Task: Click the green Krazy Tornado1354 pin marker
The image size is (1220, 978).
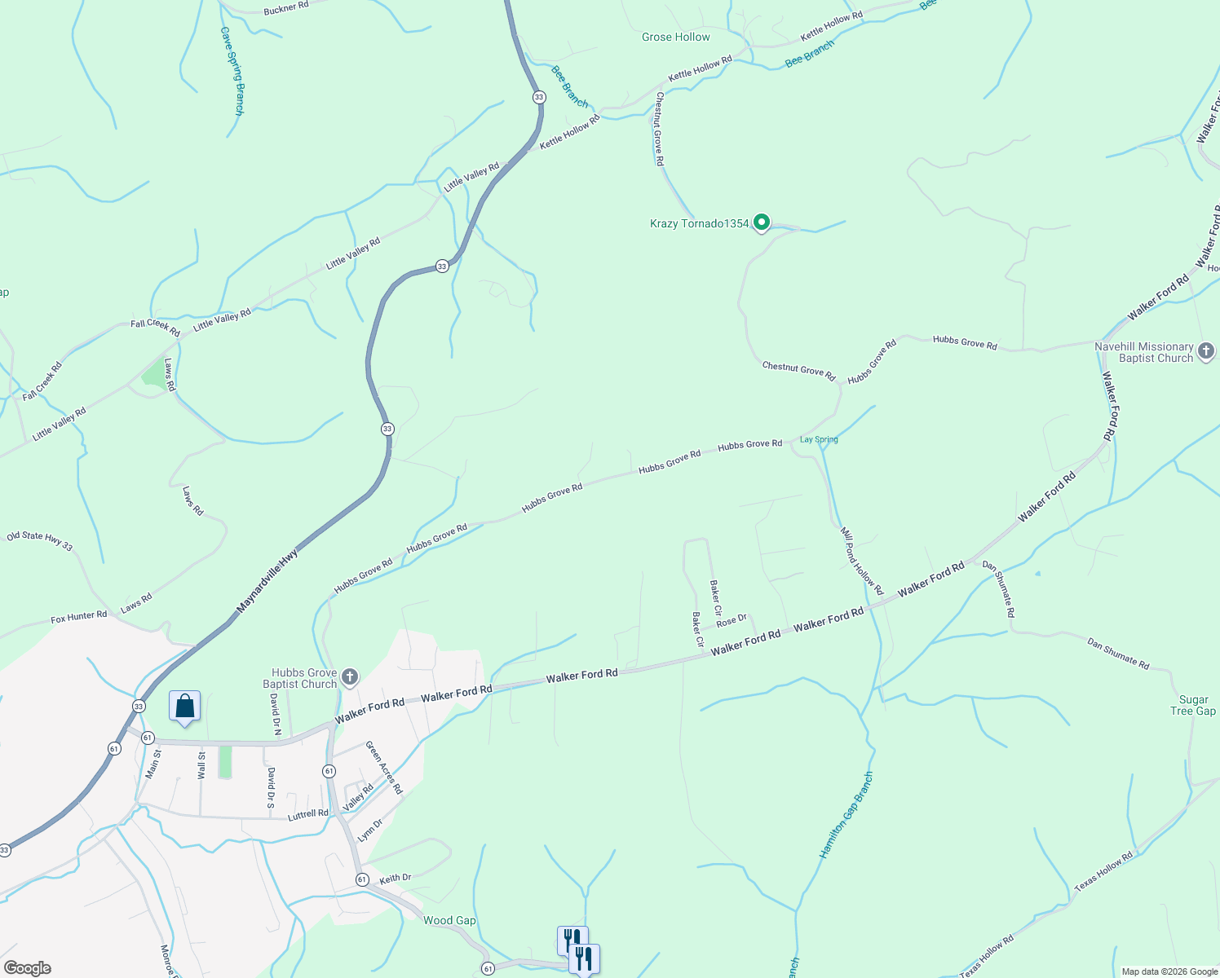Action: pos(762,222)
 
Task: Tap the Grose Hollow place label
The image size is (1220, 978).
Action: pos(675,37)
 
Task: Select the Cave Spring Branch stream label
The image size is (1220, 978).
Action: pos(232,71)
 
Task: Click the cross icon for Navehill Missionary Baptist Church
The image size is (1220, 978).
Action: pos(1206,352)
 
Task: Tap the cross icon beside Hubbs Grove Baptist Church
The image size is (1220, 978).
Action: pos(349,677)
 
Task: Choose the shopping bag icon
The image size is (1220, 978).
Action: pos(184,706)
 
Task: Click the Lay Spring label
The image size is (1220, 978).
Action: pos(819,440)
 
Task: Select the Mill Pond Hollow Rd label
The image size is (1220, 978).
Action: pos(862,561)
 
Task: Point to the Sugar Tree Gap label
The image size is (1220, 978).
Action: pos(1193,706)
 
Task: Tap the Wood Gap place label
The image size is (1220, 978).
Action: pos(449,921)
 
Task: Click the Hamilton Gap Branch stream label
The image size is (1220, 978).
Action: pos(846,814)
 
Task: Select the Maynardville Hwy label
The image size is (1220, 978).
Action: pos(267,581)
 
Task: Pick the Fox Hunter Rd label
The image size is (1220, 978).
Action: pos(78,618)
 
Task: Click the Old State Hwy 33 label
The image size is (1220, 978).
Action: pos(39,541)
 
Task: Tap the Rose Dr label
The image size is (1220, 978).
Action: pos(732,621)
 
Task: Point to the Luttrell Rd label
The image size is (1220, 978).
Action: pos(308,814)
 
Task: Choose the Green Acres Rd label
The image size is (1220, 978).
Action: pos(383,768)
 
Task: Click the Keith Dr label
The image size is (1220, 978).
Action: pos(396,878)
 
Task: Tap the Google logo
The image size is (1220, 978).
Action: pos(28,968)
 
